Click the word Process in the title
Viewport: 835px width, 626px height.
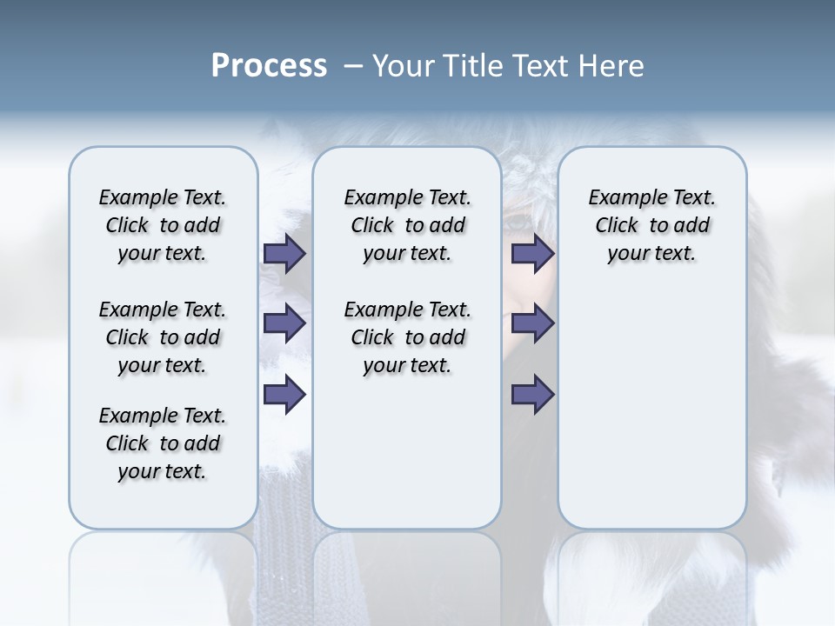click(x=269, y=66)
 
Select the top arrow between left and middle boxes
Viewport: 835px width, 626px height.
click(x=284, y=253)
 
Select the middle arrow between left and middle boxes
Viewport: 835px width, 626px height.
click(x=284, y=323)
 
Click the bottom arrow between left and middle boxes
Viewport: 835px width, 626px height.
click(x=284, y=395)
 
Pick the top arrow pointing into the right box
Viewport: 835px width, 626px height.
click(x=532, y=253)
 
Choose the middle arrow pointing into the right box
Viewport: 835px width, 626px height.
click(x=532, y=323)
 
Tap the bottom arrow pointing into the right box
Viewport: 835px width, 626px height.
click(x=532, y=395)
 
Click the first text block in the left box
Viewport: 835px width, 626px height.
click(x=163, y=225)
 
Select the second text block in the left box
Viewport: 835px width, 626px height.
click(x=163, y=337)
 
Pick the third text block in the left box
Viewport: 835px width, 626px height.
click(x=163, y=443)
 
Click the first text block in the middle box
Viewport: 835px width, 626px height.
click(x=407, y=225)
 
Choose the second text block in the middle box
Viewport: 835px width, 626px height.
click(x=407, y=337)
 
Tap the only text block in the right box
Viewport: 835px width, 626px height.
click(x=651, y=225)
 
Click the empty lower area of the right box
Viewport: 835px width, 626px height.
click(x=651, y=417)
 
